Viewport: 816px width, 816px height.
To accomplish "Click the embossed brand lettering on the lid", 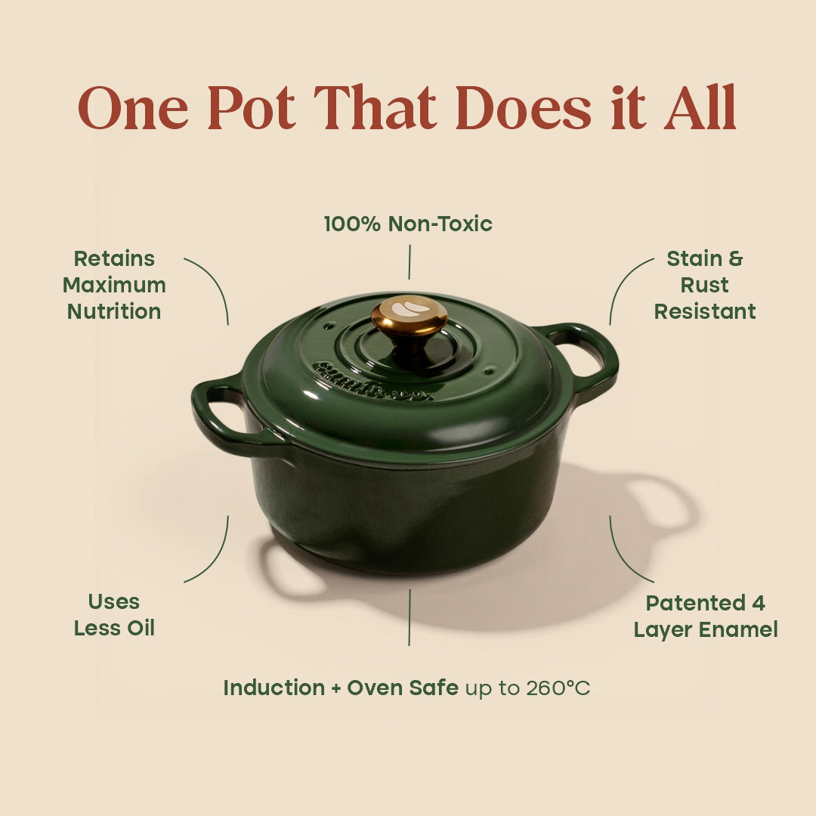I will tap(370, 382).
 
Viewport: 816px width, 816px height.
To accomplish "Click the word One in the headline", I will tap(132, 109).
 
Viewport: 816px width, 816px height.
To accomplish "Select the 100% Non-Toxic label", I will tap(408, 224).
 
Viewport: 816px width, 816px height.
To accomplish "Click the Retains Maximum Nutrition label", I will tap(114, 285).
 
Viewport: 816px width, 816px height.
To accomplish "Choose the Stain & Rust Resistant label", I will tap(704, 285).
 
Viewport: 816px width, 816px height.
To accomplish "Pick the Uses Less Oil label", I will tap(114, 615).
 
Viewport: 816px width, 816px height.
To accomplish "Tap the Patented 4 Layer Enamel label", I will tap(705, 616).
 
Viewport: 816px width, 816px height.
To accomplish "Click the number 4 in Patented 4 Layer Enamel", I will tap(758, 603).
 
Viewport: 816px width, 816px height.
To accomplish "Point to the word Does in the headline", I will tap(523, 109).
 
